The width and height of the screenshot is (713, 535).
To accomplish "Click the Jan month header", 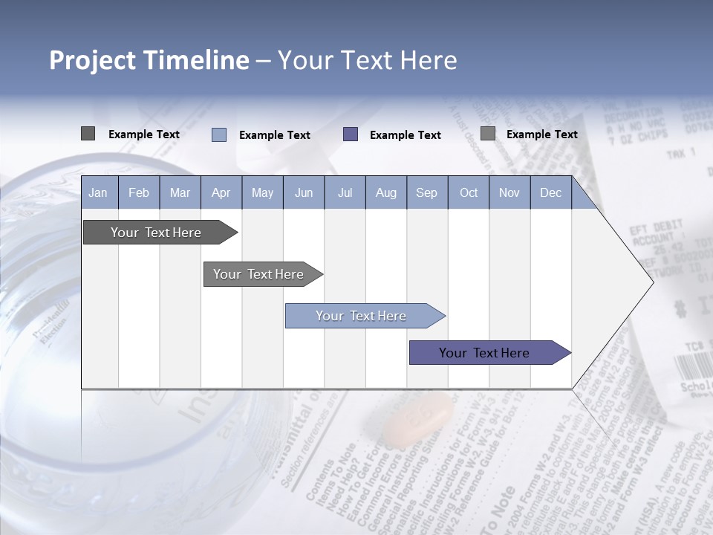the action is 98,192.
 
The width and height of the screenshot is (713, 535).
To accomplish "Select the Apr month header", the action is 221,192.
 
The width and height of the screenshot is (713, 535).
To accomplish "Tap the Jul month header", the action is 345,192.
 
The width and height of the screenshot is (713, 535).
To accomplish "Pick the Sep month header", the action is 426,192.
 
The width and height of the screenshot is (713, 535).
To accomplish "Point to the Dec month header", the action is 550,192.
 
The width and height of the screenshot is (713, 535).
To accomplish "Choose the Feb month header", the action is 139,192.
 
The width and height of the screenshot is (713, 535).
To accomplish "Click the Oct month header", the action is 469,192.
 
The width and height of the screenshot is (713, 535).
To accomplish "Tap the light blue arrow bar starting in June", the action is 362,316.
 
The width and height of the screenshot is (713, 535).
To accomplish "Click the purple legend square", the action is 351,134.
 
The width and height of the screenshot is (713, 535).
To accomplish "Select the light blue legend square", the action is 219,134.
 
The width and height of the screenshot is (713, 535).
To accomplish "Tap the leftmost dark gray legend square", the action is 88,134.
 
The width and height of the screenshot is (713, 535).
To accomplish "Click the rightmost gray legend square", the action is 488,134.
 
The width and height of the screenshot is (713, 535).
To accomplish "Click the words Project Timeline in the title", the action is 149,60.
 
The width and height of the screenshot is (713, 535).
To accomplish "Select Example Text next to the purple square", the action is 406,134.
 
